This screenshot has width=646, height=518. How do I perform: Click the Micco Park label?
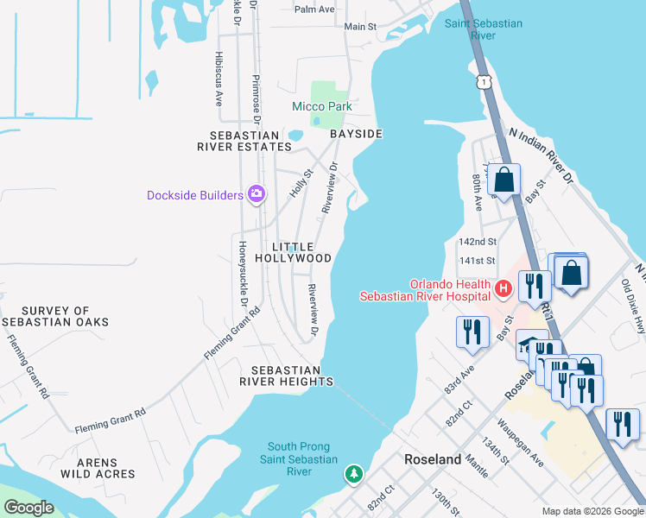[x=321, y=106]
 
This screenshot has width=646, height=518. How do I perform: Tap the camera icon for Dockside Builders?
[x=256, y=194]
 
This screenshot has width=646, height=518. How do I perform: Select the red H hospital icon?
[x=502, y=286]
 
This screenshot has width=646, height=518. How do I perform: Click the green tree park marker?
[x=353, y=473]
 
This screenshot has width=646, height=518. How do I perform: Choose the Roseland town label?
[x=433, y=460]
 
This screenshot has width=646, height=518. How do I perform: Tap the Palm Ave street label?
[x=314, y=9]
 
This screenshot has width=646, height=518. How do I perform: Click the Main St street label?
[x=360, y=27]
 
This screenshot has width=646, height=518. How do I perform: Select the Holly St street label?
[x=300, y=184]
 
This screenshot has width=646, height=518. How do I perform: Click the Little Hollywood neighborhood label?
[x=293, y=252]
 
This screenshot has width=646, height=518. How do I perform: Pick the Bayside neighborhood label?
[x=356, y=135]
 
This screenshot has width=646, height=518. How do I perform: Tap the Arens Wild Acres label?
[x=98, y=467]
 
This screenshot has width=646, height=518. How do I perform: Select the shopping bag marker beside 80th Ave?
[x=504, y=180]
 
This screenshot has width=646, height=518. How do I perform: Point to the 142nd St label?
[x=478, y=243]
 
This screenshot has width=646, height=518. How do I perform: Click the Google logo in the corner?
[x=28, y=508]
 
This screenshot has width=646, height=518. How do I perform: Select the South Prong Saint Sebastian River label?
[x=301, y=459]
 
